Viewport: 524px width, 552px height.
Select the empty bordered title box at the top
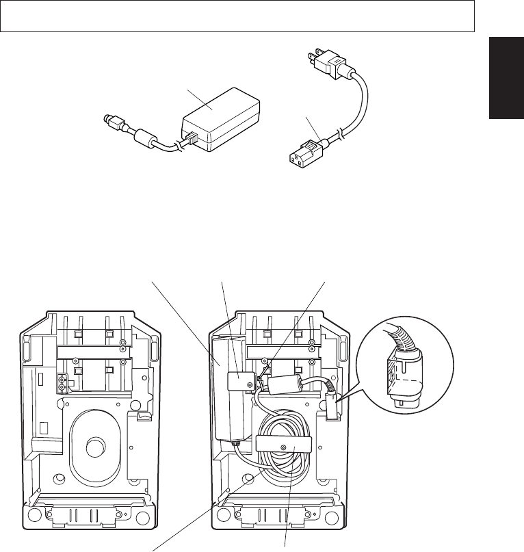click(237, 16)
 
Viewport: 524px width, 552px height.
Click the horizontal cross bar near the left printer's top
click(89, 352)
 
